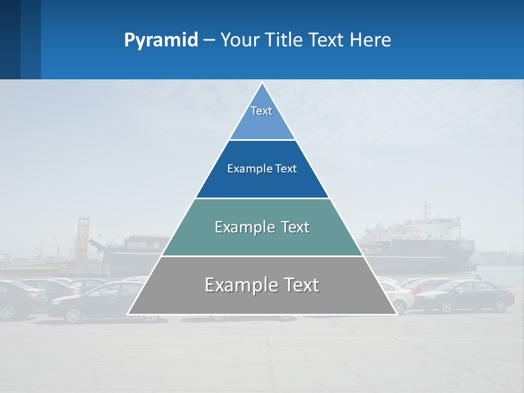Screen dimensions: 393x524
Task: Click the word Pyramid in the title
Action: pos(161,40)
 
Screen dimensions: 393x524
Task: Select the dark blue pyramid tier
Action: pos(262,180)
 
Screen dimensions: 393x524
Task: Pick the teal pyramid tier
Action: pos(262,240)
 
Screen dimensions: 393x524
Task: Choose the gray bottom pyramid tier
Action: pos(262,297)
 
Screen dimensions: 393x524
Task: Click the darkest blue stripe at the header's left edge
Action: pos(10,39)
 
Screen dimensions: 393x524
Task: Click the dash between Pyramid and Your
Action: pos(209,40)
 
